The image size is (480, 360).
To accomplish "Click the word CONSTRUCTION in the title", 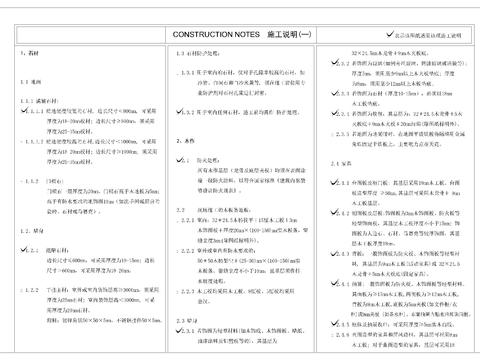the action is tap(208, 34).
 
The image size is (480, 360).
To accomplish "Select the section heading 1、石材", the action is tap(30, 52).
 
